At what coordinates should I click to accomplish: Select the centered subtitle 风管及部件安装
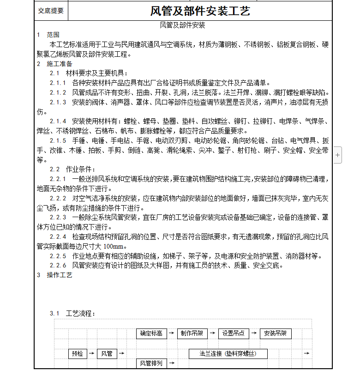pos(182,25)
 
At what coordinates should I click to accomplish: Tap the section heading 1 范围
pos(48,35)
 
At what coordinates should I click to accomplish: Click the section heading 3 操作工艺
pos(54,275)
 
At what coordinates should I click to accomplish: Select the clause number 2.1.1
pos(58,83)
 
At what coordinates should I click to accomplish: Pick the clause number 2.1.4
pos(58,122)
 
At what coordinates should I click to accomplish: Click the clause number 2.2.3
pos(58,217)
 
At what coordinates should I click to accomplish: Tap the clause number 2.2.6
pos(58,265)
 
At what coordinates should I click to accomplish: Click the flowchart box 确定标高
pos(151,333)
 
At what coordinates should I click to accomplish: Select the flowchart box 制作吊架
pos(192,333)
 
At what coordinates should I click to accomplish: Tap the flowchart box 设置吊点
pos(233,333)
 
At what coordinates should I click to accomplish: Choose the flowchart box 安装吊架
pos(275,333)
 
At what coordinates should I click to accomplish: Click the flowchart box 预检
pos(77,353)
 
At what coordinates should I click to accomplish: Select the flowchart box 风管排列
pos(151,364)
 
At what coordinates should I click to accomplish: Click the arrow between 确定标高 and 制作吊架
pos(171,333)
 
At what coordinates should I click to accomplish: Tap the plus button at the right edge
pos(338,156)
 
